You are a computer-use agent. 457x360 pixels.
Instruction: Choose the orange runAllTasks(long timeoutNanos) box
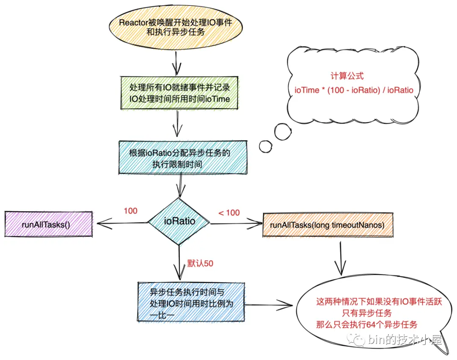[327, 225]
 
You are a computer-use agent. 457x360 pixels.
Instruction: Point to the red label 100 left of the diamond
[130, 211]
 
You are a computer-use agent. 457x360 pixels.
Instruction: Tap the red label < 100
[229, 213]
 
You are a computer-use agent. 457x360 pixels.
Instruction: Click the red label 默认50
[200, 263]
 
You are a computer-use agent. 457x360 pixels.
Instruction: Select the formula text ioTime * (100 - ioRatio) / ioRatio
[353, 90]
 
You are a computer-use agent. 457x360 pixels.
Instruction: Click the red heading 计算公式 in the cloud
[347, 76]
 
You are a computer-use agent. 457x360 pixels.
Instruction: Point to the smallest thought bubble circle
[266, 146]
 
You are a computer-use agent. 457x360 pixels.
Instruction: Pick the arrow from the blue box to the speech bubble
[271, 304]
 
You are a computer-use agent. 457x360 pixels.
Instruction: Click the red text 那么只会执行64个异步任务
[366, 325]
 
